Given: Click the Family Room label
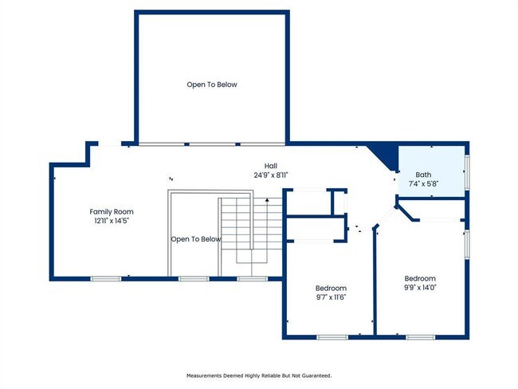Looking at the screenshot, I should point(109,211).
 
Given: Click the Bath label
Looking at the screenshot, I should point(424,175).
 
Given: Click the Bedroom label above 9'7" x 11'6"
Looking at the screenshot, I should point(331,288).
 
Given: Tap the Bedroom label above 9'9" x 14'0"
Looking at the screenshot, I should point(419,278).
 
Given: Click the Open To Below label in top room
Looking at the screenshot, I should point(212,84).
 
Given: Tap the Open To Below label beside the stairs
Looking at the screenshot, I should point(196,239).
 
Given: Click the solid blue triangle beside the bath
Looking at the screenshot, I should point(387,155).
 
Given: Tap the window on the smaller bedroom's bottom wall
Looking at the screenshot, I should point(331,337).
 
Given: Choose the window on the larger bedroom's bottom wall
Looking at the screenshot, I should point(419,337).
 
